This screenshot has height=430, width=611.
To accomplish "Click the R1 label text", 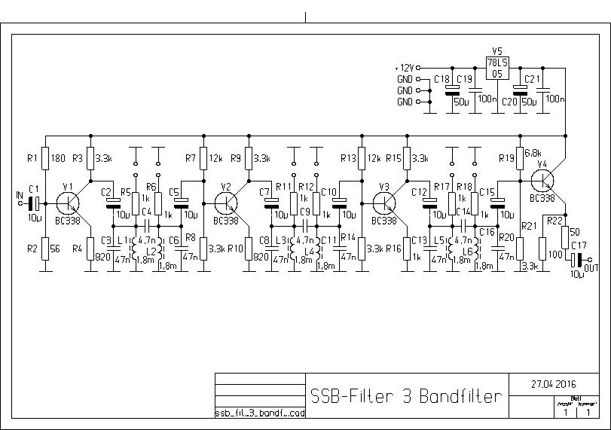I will (x=31, y=158).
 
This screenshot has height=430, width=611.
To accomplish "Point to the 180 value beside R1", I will (x=59, y=158).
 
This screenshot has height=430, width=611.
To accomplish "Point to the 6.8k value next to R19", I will (x=533, y=152).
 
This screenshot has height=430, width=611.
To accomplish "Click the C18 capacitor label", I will (x=442, y=78).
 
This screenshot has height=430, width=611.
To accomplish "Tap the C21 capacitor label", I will (x=533, y=78).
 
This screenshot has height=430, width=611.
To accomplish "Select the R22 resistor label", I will (x=554, y=221).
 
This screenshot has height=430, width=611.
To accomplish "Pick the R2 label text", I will (x=31, y=248).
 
